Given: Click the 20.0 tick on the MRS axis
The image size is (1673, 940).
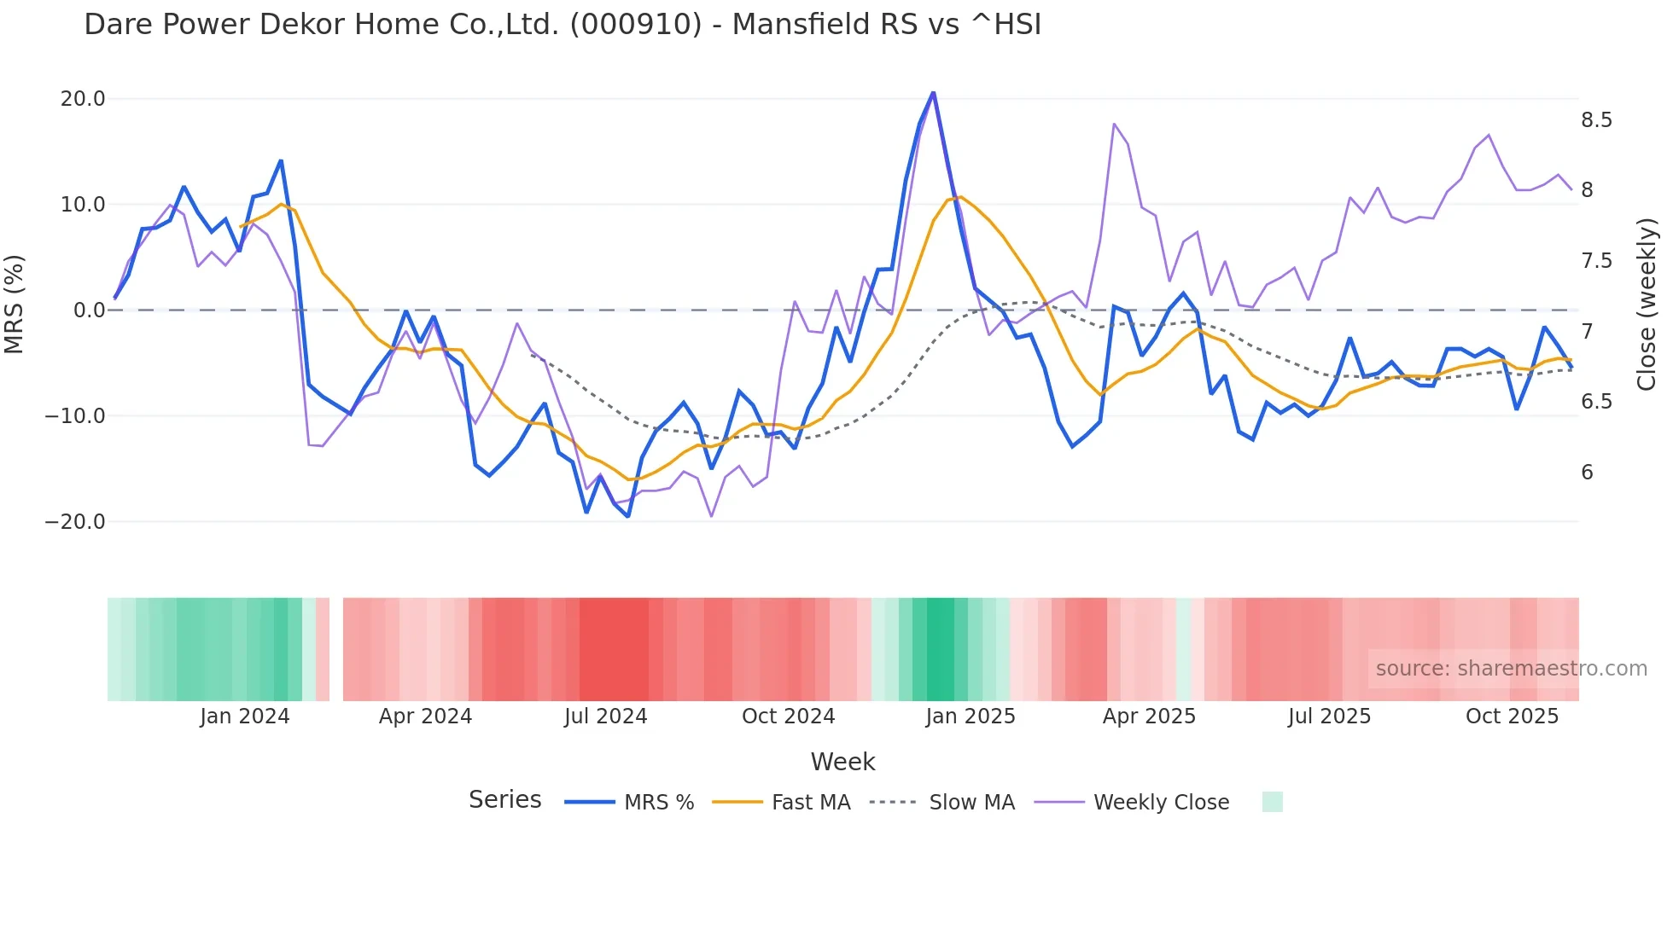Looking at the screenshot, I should pyautogui.click(x=83, y=99).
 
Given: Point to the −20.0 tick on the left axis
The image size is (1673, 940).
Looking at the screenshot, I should pyautogui.click(x=75, y=522).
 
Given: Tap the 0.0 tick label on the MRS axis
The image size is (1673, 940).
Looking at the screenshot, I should pyautogui.click(x=89, y=310).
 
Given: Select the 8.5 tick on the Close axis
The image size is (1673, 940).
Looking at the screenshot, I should pyautogui.click(x=1596, y=120).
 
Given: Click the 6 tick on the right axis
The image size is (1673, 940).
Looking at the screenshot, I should pyautogui.click(x=1587, y=473).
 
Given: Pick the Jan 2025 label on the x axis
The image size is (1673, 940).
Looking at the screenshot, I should pyautogui.click(x=970, y=717).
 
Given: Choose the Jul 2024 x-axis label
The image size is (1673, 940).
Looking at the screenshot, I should pyautogui.click(x=605, y=717).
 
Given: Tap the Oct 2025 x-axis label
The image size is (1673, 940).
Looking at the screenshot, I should pyautogui.click(x=1512, y=717).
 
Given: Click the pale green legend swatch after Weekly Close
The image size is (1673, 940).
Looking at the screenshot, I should pyautogui.click(x=1272, y=803).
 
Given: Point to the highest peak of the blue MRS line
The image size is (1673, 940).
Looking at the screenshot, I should pyautogui.click(x=933, y=92).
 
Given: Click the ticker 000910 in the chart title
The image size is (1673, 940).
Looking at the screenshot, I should pyautogui.click(x=635, y=25).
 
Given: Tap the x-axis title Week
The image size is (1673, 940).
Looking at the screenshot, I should pyautogui.click(x=842, y=762).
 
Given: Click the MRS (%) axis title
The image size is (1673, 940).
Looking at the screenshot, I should pyautogui.click(x=15, y=305).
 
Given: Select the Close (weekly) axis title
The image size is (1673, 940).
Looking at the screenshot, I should pyautogui.click(x=1647, y=305).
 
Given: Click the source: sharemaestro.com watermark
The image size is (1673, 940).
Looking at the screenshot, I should pyautogui.click(x=1511, y=669).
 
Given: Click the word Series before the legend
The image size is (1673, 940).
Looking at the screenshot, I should pyautogui.click(x=504, y=800).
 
